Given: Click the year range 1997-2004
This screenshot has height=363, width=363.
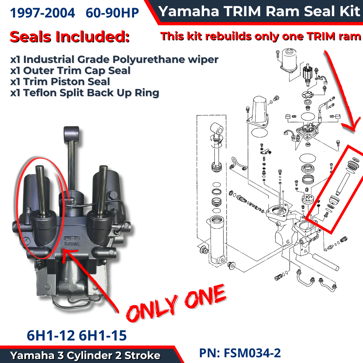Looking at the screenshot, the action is [x=42, y=13].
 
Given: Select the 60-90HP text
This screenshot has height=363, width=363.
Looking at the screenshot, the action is [x=112, y=13].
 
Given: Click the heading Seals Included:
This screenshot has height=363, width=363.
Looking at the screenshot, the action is [x=70, y=37].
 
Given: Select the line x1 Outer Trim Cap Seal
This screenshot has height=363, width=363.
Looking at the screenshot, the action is [x=70, y=70].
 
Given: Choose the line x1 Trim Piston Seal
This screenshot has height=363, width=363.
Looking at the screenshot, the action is [x=60, y=81].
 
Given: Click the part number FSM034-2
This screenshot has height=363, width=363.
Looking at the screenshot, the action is [x=252, y=353].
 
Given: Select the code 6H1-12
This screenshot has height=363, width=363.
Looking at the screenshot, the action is [x=51, y=335].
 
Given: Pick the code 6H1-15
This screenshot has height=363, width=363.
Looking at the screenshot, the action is [x=103, y=335].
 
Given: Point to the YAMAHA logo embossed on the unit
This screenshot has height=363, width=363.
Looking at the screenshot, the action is [x=72, y=244].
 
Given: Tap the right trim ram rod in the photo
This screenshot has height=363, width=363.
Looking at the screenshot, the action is [x=102, y=190].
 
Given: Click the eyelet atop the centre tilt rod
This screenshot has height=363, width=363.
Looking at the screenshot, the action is [x=72, y=134].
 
